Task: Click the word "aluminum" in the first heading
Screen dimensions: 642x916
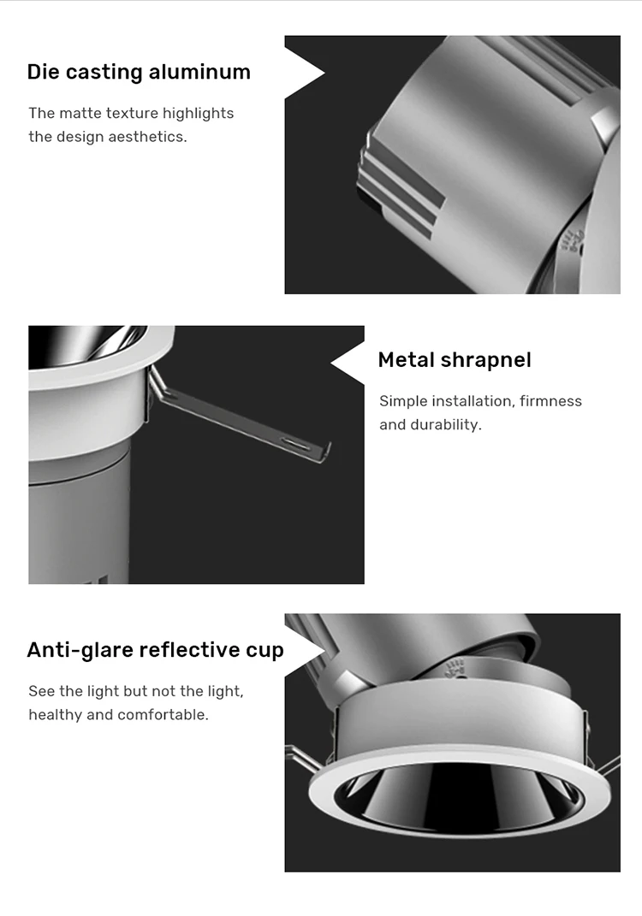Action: pos(199,72)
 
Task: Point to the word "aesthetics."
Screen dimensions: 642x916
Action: pos(148,137)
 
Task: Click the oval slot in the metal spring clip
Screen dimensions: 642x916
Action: pos(295,444)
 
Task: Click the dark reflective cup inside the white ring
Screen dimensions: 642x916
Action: pos(459,799)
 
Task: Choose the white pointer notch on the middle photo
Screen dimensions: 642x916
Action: pos(348,363)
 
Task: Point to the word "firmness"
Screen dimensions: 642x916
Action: pos(550,401)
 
